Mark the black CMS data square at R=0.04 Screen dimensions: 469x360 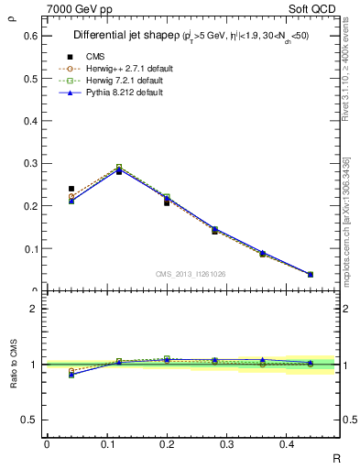pyautogui.click(x=71, y=189)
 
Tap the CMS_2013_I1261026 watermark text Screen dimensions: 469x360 pyautogui.click(x=191, y=274)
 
